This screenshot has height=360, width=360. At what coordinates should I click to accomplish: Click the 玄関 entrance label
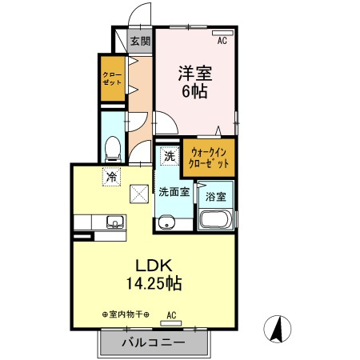pyautogui.click(x=140, y=41)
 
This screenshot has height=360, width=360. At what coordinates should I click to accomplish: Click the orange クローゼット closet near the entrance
pyautogui.click(x=111, y=78)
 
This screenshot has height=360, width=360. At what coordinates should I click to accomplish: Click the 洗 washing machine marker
pyautogui.click(x=168, y=157)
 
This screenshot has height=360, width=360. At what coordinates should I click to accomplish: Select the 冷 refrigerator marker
pyautogui.click(x=111, y=178)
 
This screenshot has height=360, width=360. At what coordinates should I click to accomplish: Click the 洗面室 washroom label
pyautogui.click(x=173, y=192)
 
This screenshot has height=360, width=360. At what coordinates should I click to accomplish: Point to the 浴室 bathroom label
pyautogui.click(x=215, y=196)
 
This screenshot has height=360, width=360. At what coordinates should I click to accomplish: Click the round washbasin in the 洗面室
pyautogui.click(x=167, y=222)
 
